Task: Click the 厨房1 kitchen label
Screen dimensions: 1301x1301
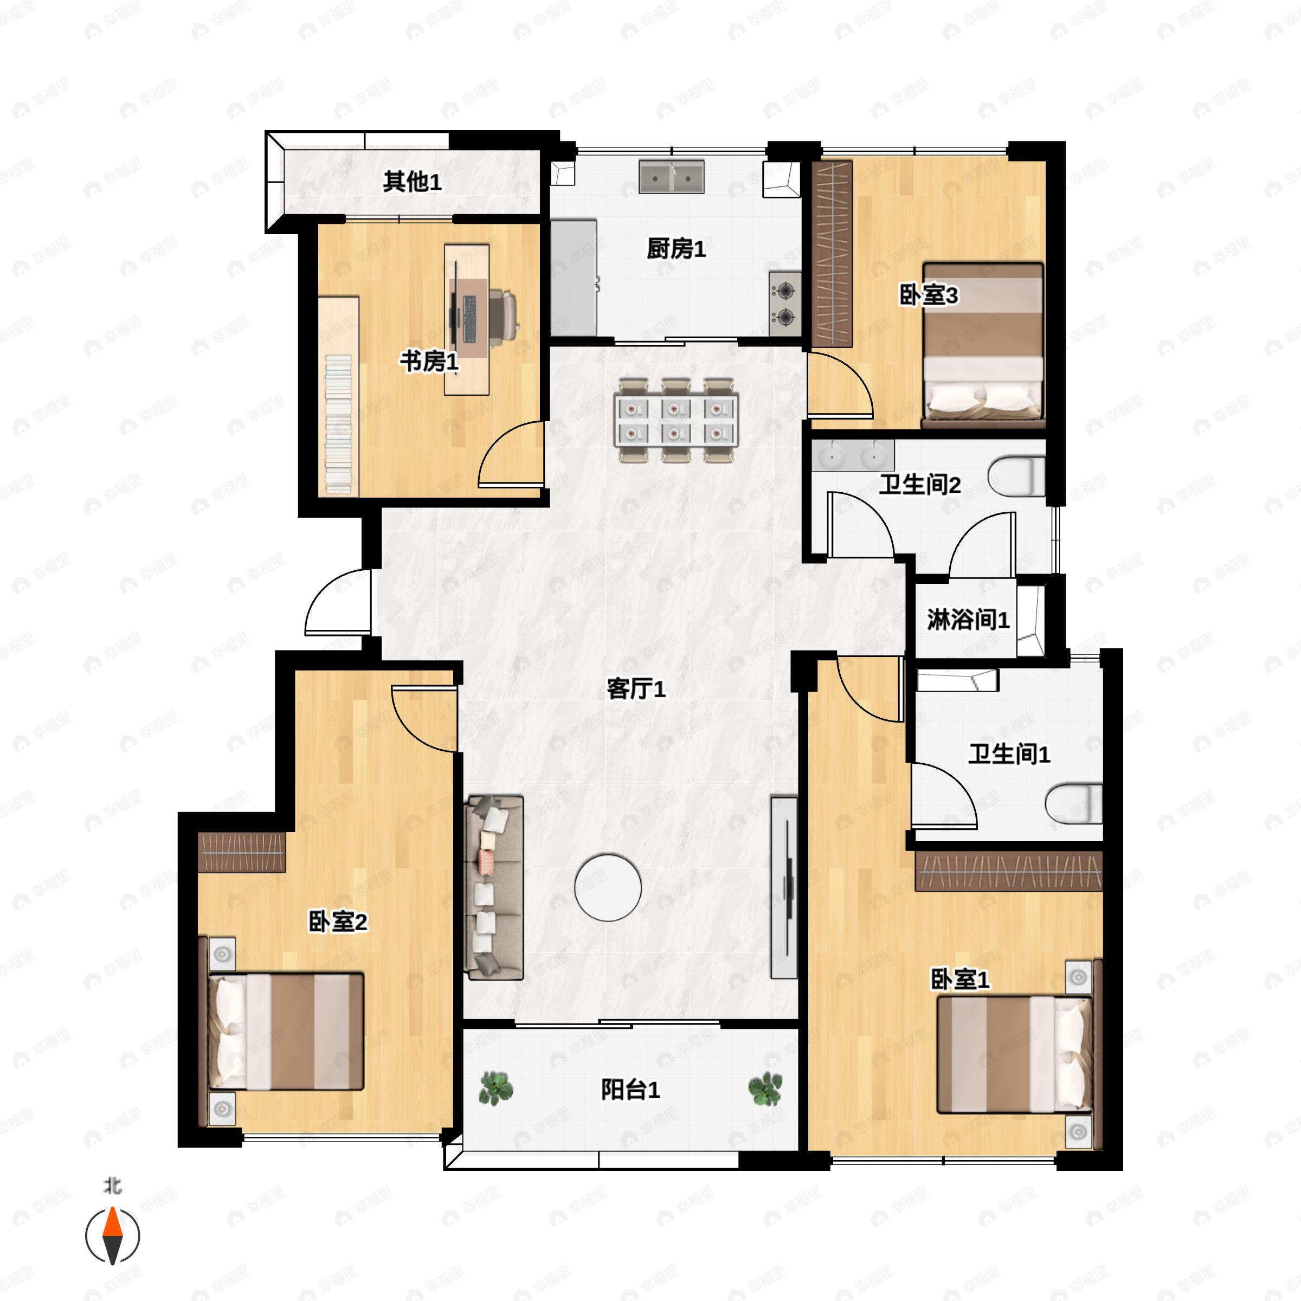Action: pos(676,249)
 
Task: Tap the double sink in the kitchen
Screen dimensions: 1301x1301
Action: pos(672,177)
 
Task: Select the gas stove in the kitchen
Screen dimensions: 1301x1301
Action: pos(785,304)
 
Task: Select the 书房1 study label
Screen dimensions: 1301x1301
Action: pos(429,362)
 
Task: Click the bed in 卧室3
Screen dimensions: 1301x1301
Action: pos(982,345)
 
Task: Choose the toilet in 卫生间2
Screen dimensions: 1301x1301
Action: pos(1017,476)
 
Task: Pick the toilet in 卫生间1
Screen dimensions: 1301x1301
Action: pos(1074,803)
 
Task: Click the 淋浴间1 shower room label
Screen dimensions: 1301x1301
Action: pos(968,620)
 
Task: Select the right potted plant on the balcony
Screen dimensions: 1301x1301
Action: pos(765,1089)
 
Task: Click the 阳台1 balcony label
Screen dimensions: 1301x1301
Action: pos(630,1090)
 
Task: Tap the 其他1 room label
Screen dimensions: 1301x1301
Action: pos(412,181)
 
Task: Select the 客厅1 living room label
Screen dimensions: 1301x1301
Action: pos(636,689)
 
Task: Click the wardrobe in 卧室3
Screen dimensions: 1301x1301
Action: pos(833,254)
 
